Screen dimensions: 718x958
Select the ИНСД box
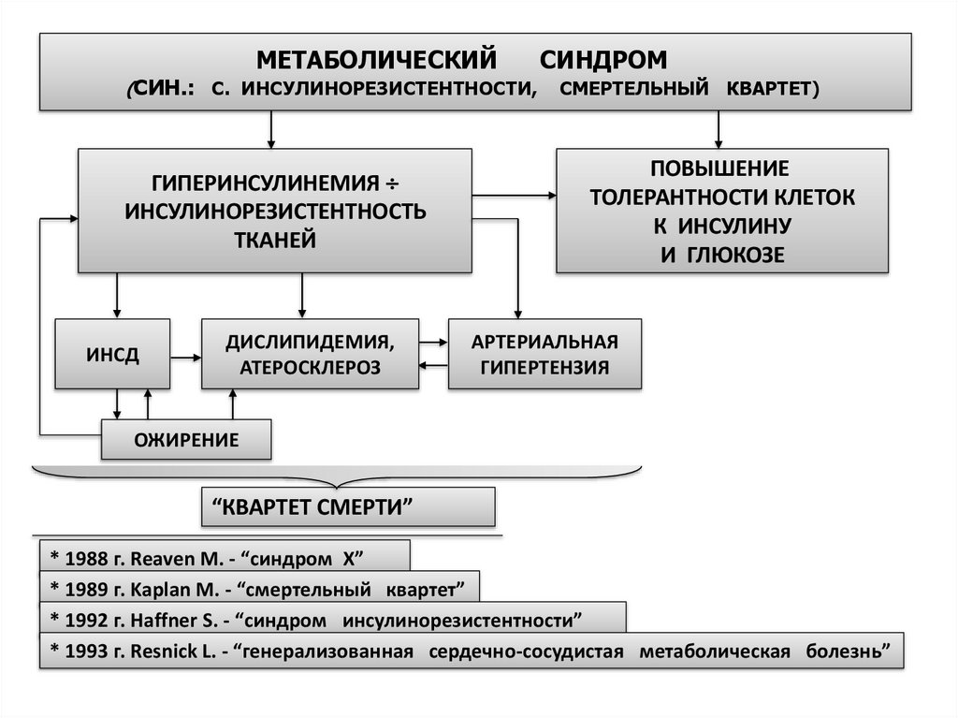tap(113, 354)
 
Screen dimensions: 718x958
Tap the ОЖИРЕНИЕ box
tap(186, 439)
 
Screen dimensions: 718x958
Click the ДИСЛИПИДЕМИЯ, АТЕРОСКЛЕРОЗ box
tap(310, 353)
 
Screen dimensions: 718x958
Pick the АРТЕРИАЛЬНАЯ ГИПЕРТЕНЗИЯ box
tap(545, 353)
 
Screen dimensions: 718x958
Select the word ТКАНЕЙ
tap(274, 241)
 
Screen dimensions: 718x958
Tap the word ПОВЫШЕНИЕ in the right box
tap(721, 169)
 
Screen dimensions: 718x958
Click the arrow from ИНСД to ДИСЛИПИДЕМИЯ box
tap(186, 356)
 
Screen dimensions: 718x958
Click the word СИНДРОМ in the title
tap(603, 60)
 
